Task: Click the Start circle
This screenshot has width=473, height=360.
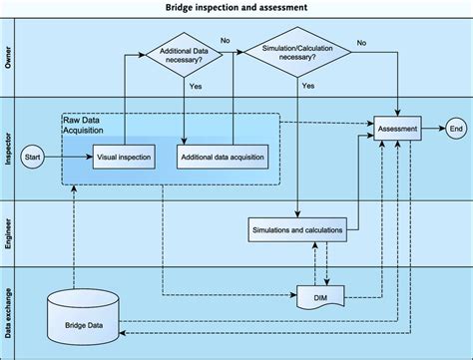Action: tap(32, 157)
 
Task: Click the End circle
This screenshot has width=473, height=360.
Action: tap(456, 129)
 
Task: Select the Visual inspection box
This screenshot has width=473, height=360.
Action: tap(125, 157)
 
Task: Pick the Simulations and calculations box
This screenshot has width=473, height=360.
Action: tap(296, 230)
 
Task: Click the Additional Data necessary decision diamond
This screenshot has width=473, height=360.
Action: tap(187, 56)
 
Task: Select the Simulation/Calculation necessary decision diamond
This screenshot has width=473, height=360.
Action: tap(298, 56)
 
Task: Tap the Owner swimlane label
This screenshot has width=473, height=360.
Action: tap(8, 59)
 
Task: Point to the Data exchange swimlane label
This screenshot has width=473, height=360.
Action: tap(8, 309)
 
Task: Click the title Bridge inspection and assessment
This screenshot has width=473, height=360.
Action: tap(236, 8)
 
